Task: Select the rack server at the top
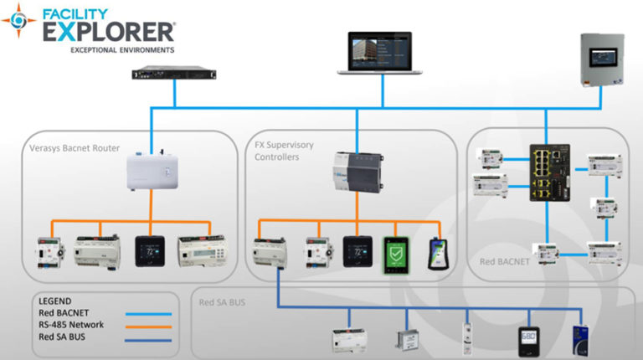pyautogui.click(x=172, y=74)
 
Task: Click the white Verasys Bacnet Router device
pyautogui.click(x=150, y=179)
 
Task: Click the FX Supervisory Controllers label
pyautogui.click(x=284, y=151)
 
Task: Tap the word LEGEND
pyautogui.click(x=56, y=301)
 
